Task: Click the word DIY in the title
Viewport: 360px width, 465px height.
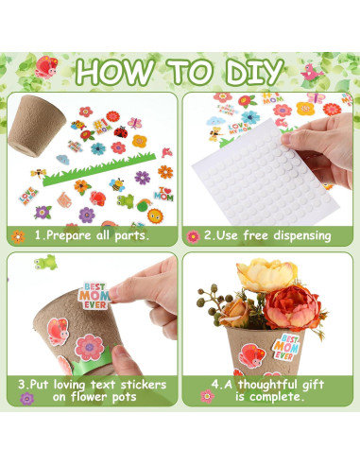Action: click(x=254, y=72)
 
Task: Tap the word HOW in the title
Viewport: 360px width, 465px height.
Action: click(x=115, y=72)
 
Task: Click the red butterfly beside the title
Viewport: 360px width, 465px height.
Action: click(x=46, y=67)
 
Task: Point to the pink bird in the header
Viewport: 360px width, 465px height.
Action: click(x=311, y=73)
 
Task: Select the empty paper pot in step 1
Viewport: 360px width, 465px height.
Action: click(x=36, y=126)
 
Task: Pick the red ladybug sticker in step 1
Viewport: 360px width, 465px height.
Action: click(x=121, y=131)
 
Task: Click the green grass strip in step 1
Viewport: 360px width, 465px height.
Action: click(x=99, y=169)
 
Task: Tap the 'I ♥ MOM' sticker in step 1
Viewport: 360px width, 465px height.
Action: click(x=163, y=194)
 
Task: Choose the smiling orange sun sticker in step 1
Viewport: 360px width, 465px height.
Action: click(x=155, y=215)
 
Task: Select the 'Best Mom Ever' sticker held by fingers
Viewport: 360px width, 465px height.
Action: click(x=94, y=296)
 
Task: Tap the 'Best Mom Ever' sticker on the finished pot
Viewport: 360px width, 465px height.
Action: click(x=286, y=347)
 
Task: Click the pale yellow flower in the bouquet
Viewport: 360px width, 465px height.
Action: click(x=266, y=274)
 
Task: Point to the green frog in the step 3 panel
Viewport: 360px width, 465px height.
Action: click(x=46, y=262)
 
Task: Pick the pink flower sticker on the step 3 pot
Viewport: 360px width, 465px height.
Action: click(x=89, y=348)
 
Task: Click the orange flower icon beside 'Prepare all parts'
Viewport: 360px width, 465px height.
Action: click(x=18, y=236)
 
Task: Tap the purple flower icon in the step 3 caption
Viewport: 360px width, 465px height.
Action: click(x=26, y=399)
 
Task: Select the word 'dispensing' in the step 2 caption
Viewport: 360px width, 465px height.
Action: click(x=302, y=236)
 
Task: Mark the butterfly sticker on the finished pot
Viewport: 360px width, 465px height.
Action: click(x=252, y=355)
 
